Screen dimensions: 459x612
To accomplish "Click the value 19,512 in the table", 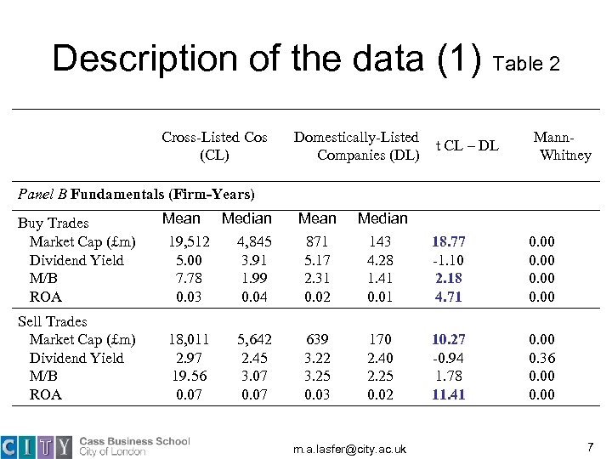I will pyautogui.click(x=180, y=241).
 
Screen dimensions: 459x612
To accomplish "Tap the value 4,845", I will pyautogui.click(x=252, y=241).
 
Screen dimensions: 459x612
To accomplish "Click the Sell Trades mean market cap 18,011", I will pyautogui.click(x=180, y=339).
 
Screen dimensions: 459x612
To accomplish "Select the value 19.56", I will pyautogui.click(x=180, y=376).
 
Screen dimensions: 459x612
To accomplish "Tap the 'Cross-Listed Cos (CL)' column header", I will pyautogui.click(x=214, y=146).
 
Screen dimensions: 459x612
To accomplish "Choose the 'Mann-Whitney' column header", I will pyautogui.click(x=561, y=146).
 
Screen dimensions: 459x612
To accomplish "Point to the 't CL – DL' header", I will pyautogui.click(x=467, y=145).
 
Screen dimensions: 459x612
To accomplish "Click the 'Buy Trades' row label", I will pyautogui.click(x=53, y=223).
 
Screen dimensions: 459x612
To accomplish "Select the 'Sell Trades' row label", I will pyautogui.click(x=53, y=321).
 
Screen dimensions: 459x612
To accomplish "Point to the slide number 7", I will pyautogui.click(x=589, y=446).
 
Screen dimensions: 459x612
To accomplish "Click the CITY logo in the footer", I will pyautogui.click(x=37, y=446).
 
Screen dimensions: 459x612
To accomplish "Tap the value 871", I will pyautogui.click(x=318, y=241).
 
